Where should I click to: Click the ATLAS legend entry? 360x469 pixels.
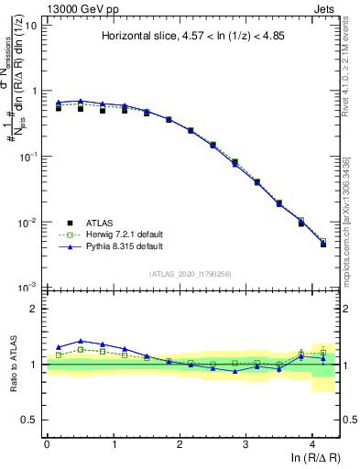pos(103,222)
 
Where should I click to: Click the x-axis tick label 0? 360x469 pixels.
pos(47,443)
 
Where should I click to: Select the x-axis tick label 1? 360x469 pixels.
pos(114,443)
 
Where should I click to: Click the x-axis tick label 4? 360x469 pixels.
pos(312,443)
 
